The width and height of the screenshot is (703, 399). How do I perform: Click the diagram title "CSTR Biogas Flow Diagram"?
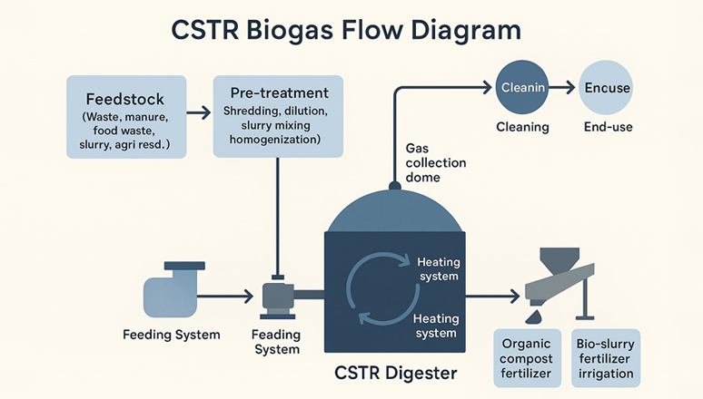tap(346, 31)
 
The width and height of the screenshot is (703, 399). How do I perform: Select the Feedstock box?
tap(126, 117)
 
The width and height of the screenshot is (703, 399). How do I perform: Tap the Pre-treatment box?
tap(278, 116)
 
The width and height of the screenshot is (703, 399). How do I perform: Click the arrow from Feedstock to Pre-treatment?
tap(199, 112)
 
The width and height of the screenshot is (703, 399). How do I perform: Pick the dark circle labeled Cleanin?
tap(522, 87)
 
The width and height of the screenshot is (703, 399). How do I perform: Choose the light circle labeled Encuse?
tap(606, 87)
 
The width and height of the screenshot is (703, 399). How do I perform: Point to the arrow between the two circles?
tap(562, 87)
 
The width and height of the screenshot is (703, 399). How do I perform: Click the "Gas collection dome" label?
tap(435, 162)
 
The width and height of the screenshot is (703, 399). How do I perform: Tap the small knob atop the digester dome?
tap(394, 185)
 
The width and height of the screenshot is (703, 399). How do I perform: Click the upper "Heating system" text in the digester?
tap(439, 268)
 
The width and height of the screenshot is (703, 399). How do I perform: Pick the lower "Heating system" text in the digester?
tap(436, 326)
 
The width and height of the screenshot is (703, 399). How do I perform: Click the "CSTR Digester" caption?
tap(395, 373)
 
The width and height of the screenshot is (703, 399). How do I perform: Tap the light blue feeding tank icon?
tap(172, 291)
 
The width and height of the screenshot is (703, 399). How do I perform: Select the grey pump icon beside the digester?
tap(278, 299)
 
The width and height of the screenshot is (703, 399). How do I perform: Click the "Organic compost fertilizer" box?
tap(527, 358)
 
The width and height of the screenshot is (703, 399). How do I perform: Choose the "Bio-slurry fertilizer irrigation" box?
tap(606, 358)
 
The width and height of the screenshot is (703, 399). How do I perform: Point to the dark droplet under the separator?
tap(533, 317)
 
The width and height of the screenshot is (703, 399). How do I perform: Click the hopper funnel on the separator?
tap(559, 260)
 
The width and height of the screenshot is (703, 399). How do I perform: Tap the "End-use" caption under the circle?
tap(608, 127)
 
